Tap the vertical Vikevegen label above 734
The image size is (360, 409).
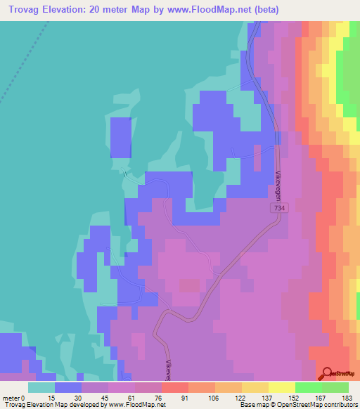[x=278, y=185]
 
